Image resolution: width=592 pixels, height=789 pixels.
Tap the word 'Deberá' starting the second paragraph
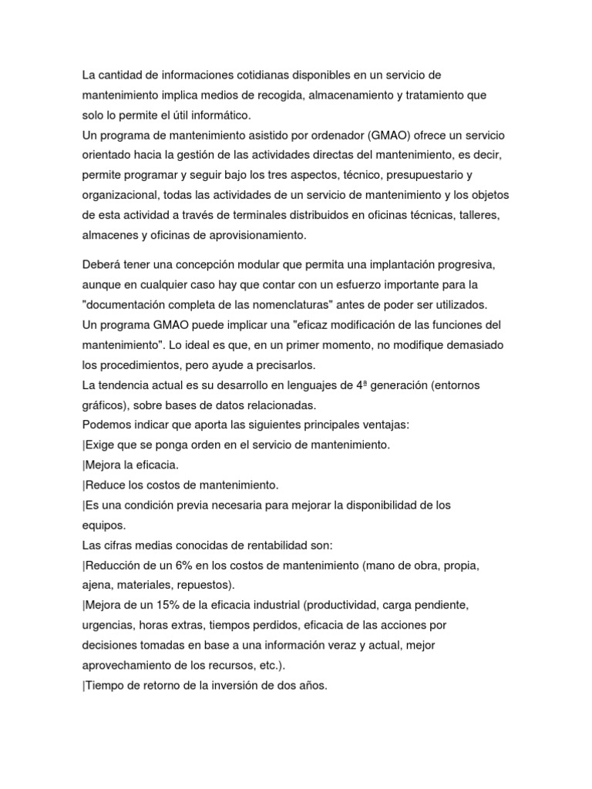(101, 264)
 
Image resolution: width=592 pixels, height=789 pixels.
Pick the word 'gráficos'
(104, 405)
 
